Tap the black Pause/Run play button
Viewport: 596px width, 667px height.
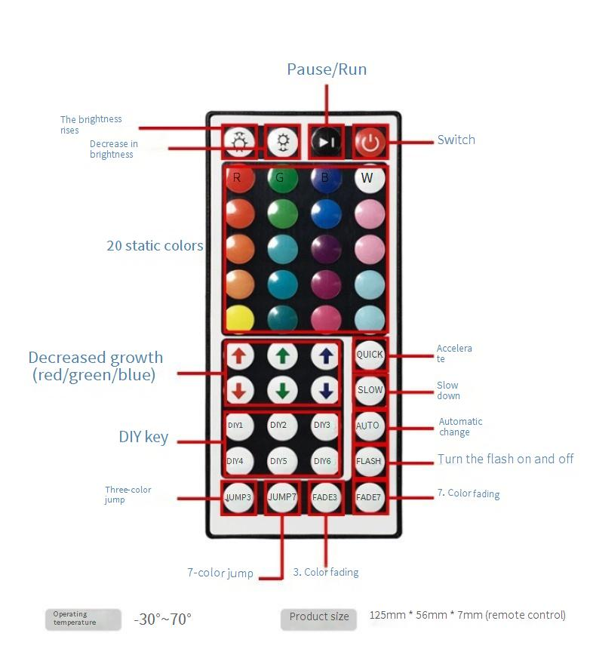326,142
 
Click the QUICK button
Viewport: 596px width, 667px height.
370,355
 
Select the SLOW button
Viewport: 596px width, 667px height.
370,390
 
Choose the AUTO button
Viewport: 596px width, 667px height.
368,426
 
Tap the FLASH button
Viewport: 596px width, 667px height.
369,461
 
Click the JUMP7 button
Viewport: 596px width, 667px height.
282,497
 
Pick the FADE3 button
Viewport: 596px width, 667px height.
326,497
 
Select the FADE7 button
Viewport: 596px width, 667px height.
369,497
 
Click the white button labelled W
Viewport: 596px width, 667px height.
368,179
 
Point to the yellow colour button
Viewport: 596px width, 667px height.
238,318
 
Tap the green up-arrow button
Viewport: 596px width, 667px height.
281,355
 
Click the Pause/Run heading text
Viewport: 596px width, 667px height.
327,69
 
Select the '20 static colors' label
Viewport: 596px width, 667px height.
155,246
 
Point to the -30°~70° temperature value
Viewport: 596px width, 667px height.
163,619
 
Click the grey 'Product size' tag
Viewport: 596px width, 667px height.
319,617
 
